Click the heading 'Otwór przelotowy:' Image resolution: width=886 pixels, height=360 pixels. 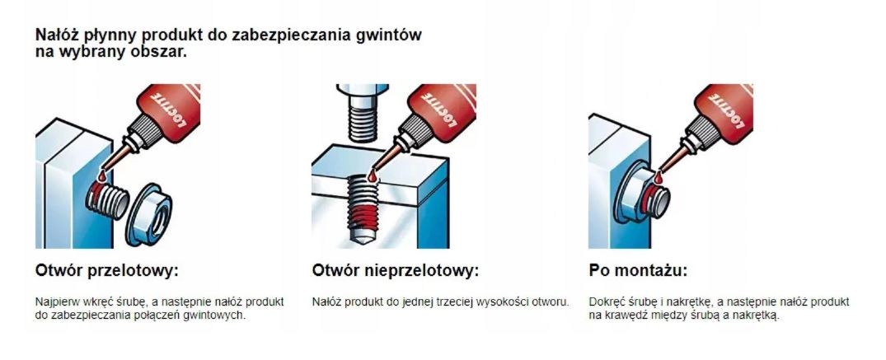click(x=107, y=271)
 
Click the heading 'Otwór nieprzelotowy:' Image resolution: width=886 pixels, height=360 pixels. click(x=395, y=271)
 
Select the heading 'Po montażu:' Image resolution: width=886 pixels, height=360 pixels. click(x=638, y=271)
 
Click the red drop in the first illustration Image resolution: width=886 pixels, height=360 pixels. click(x=101, y=176)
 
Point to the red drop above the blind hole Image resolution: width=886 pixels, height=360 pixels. click(x=372, y=177)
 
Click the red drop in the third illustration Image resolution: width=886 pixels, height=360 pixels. click(x=657, y=179)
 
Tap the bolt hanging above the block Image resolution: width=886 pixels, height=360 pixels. click(x=362, y=113)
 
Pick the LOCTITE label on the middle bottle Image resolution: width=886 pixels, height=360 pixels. click(x=441, y=107)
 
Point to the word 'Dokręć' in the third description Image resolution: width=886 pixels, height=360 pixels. click(x=603, y=302)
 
